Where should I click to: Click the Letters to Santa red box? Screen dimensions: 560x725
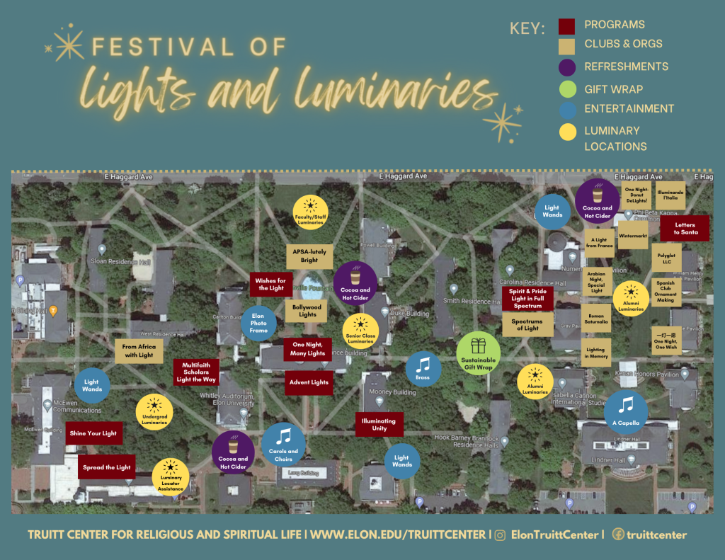click(685, 229)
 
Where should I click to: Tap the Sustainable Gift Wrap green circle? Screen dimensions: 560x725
click(479, 353)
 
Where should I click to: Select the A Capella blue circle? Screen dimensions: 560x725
click(625, 411)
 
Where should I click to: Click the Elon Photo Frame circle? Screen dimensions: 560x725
click(258, 324)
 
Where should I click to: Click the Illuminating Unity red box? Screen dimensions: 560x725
click(379, 425)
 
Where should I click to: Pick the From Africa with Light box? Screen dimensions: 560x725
click(139, 351)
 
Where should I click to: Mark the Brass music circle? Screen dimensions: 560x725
click(423, 369)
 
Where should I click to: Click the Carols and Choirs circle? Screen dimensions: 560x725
click(283, 444)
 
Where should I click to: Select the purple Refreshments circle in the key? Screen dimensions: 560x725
click(566, 67)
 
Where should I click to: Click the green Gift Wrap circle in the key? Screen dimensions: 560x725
click(566, 89)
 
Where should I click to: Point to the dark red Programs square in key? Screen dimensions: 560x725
click(566, 26)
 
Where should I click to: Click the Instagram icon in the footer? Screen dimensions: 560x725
click(500, 535)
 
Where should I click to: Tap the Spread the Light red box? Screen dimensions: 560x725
click(106, 467)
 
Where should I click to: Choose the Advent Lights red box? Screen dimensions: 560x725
click(309, 382)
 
